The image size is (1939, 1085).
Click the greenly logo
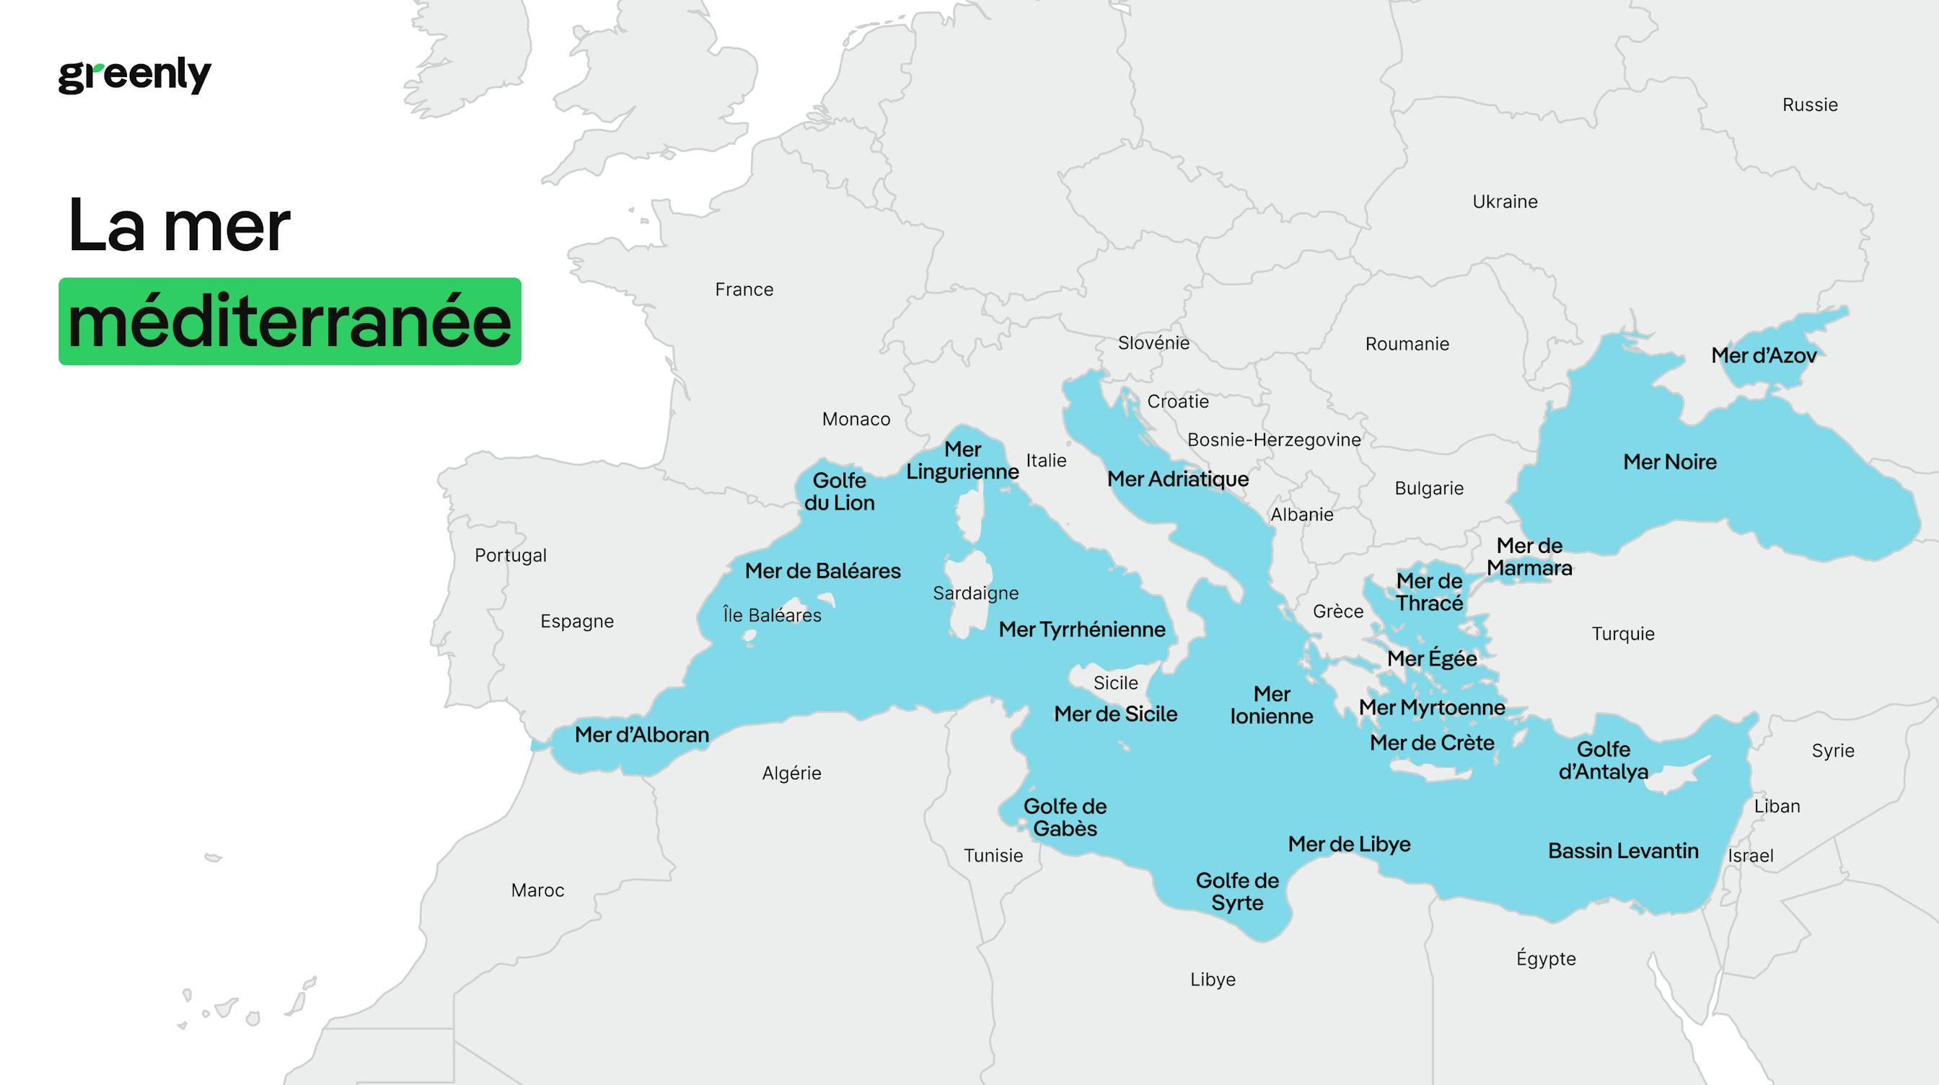click(135, 75)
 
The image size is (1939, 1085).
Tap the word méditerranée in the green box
click(290, 322)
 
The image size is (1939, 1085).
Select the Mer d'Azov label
click(1763, 355)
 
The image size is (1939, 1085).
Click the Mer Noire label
click(1669, 462)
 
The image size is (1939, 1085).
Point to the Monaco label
click(856, 419)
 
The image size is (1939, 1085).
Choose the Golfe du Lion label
click(839, 492)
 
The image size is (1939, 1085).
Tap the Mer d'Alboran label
click(641, 735)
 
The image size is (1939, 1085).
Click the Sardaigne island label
click(975, 593)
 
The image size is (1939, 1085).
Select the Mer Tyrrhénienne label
click(1081, 629)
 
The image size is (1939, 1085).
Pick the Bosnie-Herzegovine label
click(1274, 440)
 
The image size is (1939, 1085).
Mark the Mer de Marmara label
click(1529, 557)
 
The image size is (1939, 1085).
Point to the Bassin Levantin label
click(1623, 851)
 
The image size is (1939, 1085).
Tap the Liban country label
click(1777, 806)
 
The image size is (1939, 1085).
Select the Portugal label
click(510, 555)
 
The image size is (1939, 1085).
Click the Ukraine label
click(1505, 202)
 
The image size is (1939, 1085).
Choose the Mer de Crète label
click(1432, 743)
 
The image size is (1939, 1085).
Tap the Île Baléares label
click(772, 616)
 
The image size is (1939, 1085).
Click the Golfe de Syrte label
click(1236, 891)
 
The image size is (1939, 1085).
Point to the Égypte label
click(1545, 959)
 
